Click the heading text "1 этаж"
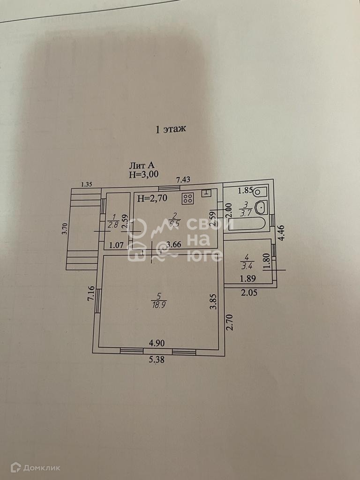171,130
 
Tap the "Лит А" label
142,165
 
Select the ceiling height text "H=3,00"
144,174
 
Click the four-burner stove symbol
187,198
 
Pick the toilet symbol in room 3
260,191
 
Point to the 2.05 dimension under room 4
249,292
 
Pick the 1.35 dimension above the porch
86,184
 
